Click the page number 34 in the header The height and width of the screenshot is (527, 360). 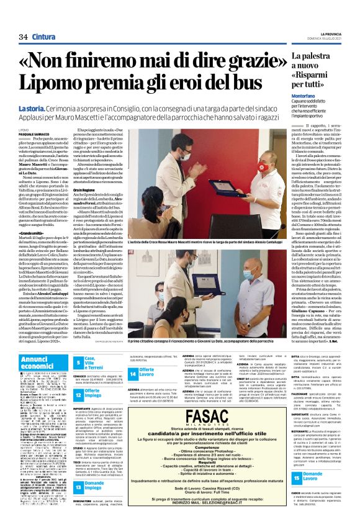tap(24, 20)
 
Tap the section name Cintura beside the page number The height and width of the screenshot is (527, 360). tap(43, 20)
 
